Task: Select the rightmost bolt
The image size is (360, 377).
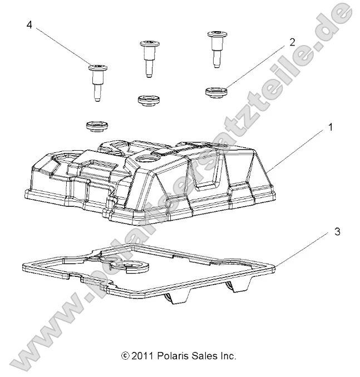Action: tap(216, 48)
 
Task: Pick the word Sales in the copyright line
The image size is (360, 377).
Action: tap(206, 356)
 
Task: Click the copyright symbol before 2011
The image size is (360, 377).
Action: tap(125, 356)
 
